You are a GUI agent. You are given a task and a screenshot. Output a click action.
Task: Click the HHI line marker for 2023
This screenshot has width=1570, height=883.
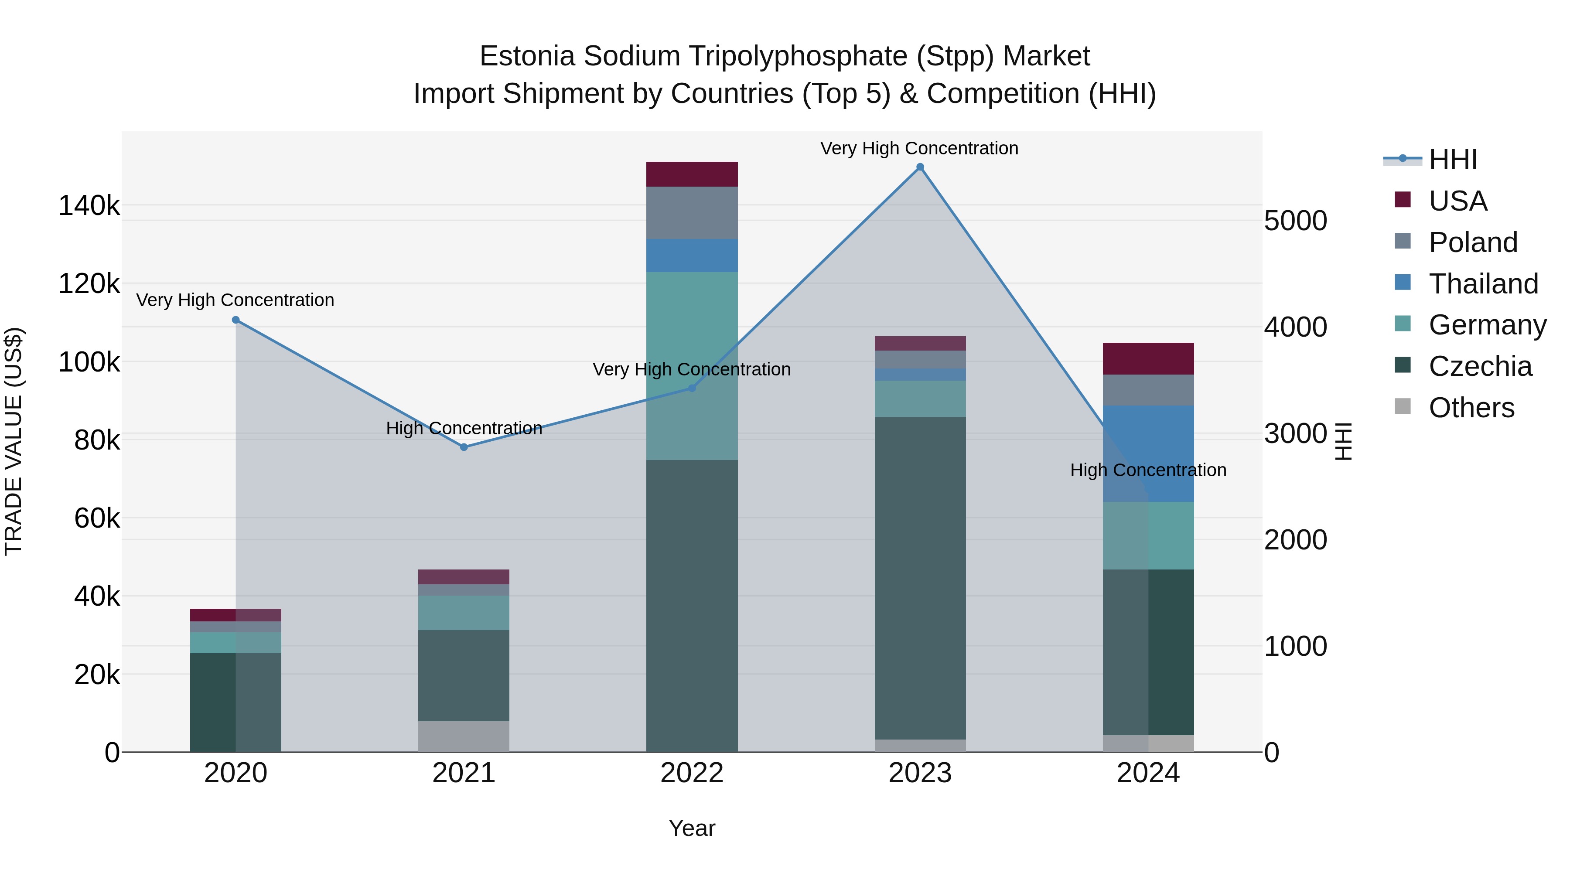click(920, 167)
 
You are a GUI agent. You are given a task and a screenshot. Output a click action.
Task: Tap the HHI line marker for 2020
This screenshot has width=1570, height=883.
click(236, 320)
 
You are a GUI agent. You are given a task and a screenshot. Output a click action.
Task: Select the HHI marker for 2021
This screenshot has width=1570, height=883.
click(464, 447)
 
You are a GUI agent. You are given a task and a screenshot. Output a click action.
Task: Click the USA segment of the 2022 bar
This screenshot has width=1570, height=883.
click(692, 174)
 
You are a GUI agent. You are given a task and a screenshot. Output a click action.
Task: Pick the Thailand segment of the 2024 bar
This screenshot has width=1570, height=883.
click(1148, 453)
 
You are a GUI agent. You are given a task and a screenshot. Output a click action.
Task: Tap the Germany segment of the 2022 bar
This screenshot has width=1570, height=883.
click(692, 366)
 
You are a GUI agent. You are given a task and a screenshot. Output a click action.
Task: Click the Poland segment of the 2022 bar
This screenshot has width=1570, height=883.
click(692, 213)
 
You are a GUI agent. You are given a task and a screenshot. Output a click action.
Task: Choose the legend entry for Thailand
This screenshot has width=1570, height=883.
click(1483, 284)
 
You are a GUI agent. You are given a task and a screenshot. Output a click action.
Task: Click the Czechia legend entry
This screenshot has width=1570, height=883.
click(1480, 367)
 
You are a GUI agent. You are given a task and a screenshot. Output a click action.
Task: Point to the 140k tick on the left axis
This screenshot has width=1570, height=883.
click(89, 206)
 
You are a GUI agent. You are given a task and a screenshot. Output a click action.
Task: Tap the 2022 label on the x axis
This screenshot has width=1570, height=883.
click(692, 773)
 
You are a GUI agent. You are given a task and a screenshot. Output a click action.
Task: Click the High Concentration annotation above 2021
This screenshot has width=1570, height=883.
click(464, 428)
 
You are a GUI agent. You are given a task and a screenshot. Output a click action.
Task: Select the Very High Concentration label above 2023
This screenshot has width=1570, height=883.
click(919, 148)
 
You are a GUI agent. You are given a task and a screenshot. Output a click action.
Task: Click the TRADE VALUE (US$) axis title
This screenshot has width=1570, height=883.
click(14, 441)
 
